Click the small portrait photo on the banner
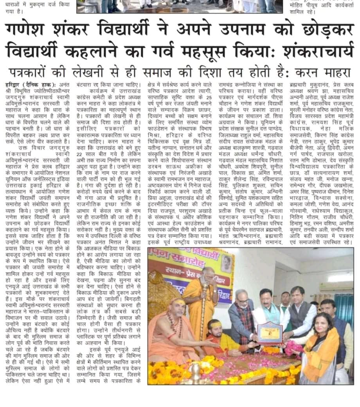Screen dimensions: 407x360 tap(227, 264)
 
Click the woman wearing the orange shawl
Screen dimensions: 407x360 tap(321, 353)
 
